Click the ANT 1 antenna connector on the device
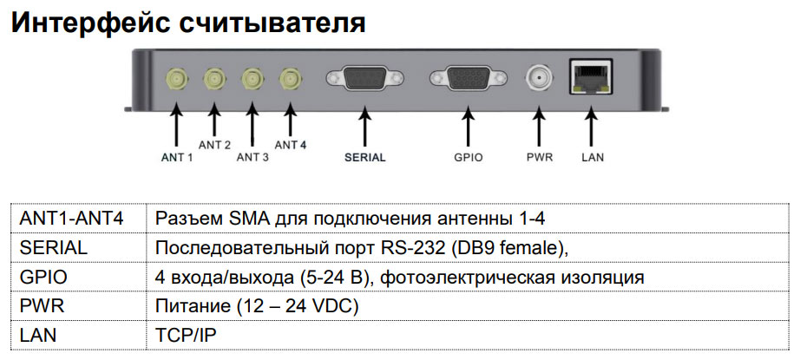(177, 81)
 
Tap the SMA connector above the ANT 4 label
(288, 81)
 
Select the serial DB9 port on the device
(364, 81)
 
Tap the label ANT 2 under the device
(214, 145)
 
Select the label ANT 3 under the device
(252, 157)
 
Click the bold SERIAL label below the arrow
(364, 158)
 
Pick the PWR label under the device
(540, 158)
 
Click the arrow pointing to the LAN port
(591, 125)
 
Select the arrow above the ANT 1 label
(177, 125)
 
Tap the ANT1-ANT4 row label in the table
(71, 218)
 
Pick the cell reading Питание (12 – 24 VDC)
(257, 305)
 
